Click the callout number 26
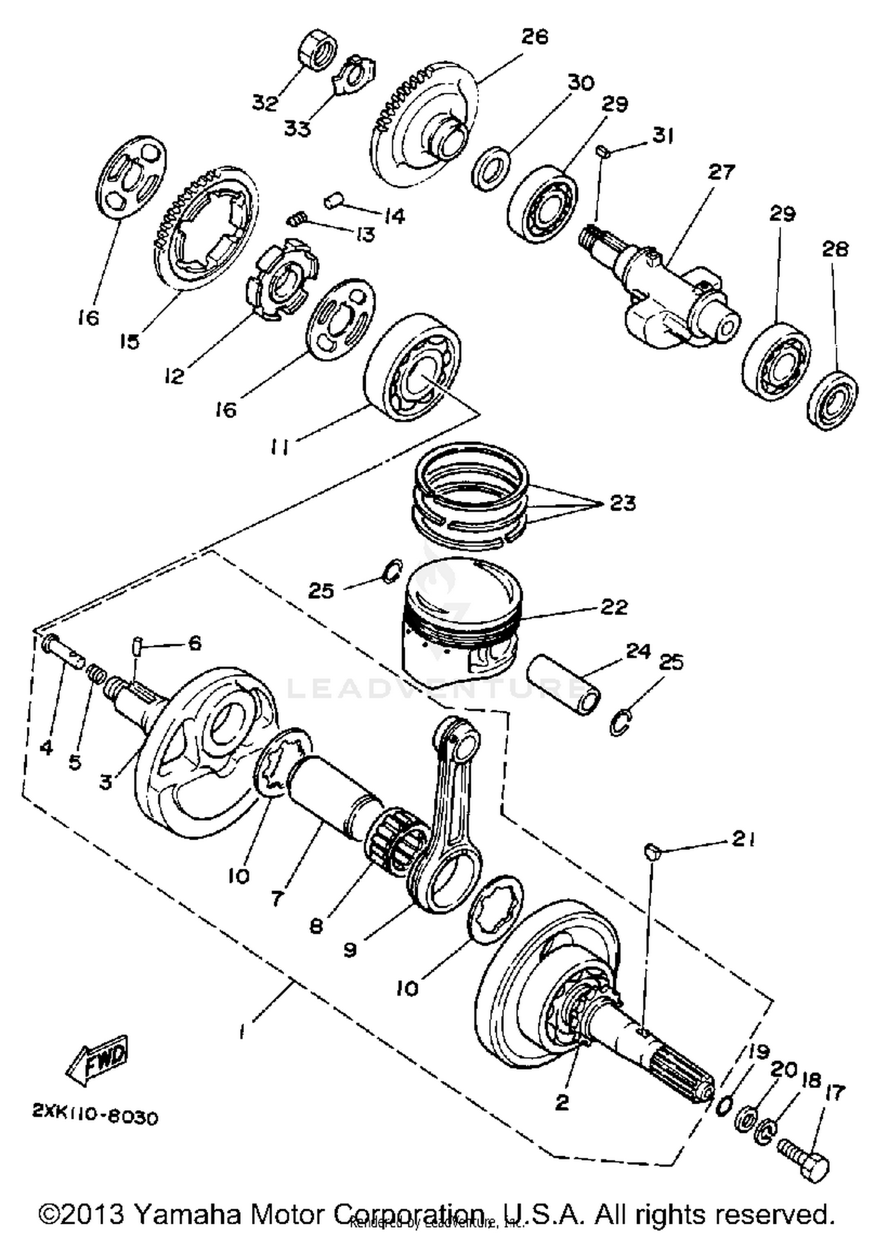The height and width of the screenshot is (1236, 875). tap(534, 37)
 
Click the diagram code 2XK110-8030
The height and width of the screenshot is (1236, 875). tap(94, 1117)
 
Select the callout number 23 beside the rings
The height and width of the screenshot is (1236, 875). tap(622, 503)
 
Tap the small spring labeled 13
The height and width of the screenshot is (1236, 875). tap(296, 220)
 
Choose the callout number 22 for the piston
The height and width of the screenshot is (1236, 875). tap(614, 606)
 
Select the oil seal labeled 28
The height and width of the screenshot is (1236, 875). tap(833, 400)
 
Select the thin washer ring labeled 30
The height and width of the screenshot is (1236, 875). tap(491, 169)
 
